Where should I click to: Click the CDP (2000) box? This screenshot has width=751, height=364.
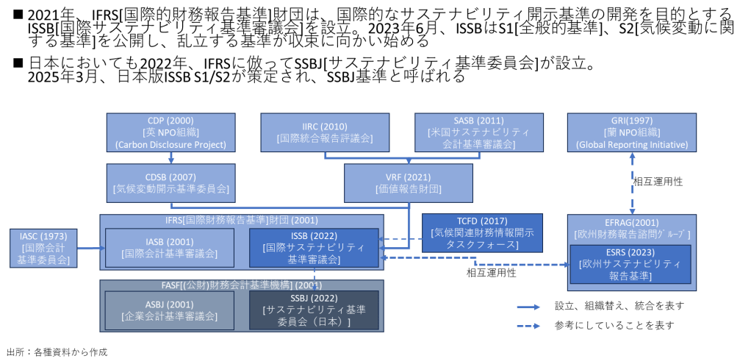click(x=170, y=132)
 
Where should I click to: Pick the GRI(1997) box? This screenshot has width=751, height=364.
click(x=631, y=132)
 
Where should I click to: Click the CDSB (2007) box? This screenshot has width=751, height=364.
click(x=170, y=182)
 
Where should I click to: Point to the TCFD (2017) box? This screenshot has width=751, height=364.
click(x=482, y=232)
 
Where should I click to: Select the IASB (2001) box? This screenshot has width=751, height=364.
click(x=170, y=247)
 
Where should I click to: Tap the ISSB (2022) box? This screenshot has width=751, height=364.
click(x=314, y=247)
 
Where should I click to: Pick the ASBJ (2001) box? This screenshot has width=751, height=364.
click(x=170, y=310)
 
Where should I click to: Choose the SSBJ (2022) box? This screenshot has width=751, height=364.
click(x=314, y=310)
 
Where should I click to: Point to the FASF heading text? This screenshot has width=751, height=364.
click(x=242, y=285)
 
